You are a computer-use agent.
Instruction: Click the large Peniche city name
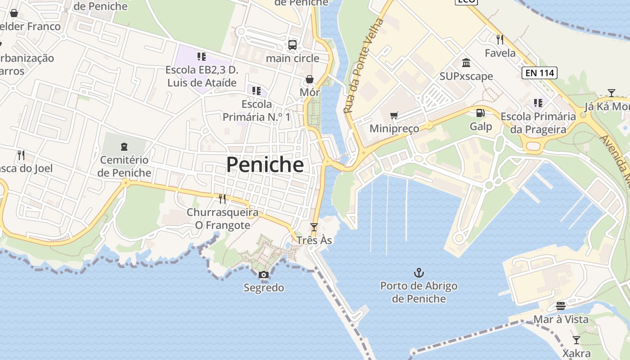[265, 165]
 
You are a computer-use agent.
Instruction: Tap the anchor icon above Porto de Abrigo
[419, 273]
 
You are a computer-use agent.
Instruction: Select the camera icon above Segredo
[264, 275]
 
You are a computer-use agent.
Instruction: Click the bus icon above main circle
[292, 45]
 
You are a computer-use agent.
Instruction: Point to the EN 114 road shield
[540, 72]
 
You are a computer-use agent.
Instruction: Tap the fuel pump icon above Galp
[481, 113]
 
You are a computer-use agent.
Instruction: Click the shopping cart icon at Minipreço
[394, 116]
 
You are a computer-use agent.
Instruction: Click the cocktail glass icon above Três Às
[314, 227]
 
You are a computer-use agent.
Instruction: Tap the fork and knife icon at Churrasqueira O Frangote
[222, 198]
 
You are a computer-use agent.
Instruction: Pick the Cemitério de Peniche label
[124, 166]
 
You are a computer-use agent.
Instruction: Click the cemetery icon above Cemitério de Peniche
[124, 146]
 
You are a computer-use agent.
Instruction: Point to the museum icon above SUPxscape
[466, 63]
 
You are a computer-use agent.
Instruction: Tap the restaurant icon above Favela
[499, 40]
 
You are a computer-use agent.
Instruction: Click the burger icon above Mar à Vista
[560, 306]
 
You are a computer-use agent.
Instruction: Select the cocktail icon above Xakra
[576, 340]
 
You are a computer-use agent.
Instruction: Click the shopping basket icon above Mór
[310, 80]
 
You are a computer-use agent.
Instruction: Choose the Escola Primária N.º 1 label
[256, 111]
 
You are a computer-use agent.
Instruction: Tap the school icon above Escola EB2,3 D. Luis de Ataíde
[201, 56]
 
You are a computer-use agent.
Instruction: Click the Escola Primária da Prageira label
[538, 123]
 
